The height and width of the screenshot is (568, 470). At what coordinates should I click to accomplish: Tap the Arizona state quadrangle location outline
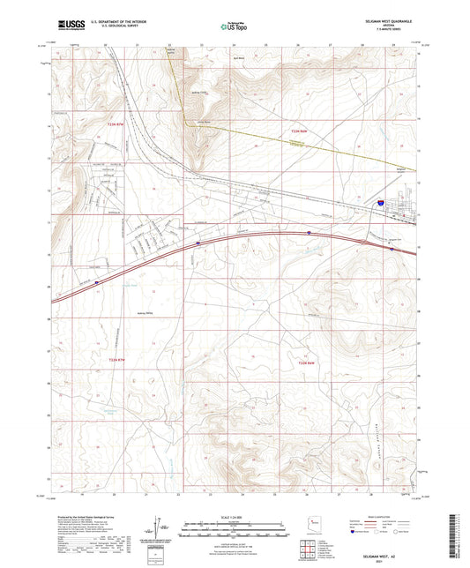coord(308,525)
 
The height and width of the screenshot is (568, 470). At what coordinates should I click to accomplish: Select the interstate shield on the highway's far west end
coord(98,283)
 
